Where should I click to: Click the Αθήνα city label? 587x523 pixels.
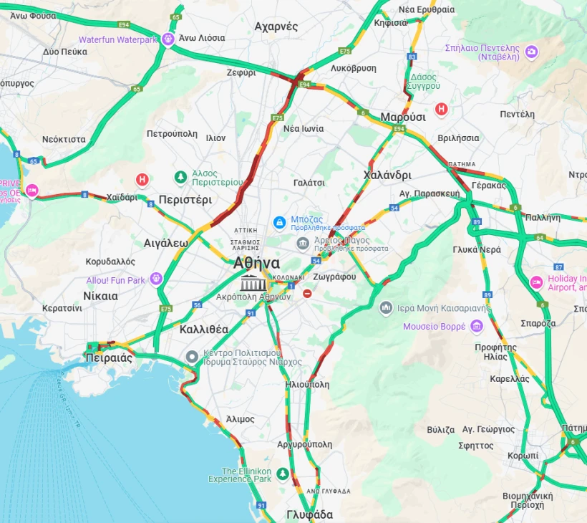pyautogui.click(x=256, y=262)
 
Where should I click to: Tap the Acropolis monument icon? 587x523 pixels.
pyautogui.click(x=251, y=282)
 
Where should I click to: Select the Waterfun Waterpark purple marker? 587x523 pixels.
pyautogui.click(x=168, y=39)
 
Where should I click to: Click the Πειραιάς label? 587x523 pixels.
pyautogui.click(x=109, y=358)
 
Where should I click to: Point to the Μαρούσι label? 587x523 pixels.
pyautogui.click(x=403, y=117)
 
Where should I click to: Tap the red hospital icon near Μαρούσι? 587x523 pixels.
pyautogui.click(x=442, y=109)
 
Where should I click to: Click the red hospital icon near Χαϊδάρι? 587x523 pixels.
pyautogui.click(x=142, y=179)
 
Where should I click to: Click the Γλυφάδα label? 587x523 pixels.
pyautogui.click(x=309, y=514)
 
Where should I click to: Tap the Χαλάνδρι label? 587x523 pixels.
pyautogui.click(x=387, y=175)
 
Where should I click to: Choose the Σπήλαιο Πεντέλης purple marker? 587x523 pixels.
pyautogui.click(x=531, y=52)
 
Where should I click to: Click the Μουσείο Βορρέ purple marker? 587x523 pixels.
pyautogui.click(x=476, y=327)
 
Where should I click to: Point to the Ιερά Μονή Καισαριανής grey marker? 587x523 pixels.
pyautogui.click(x=386, y=308)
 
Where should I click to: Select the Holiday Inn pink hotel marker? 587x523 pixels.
pyautogui.click(x=536, y=282)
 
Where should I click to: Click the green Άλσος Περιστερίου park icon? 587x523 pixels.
pyautogui.click(x=181, y=177)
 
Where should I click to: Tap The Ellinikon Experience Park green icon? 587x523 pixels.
pyautogui.click(x=283, y=474)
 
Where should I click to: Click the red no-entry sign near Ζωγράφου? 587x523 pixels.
pyautogui.click(x=307, y=293)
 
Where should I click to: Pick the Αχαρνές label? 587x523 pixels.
pyautogui.click(x=276, y=27)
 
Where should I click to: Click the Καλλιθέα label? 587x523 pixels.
pyautogui.click(x=204, y=330)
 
